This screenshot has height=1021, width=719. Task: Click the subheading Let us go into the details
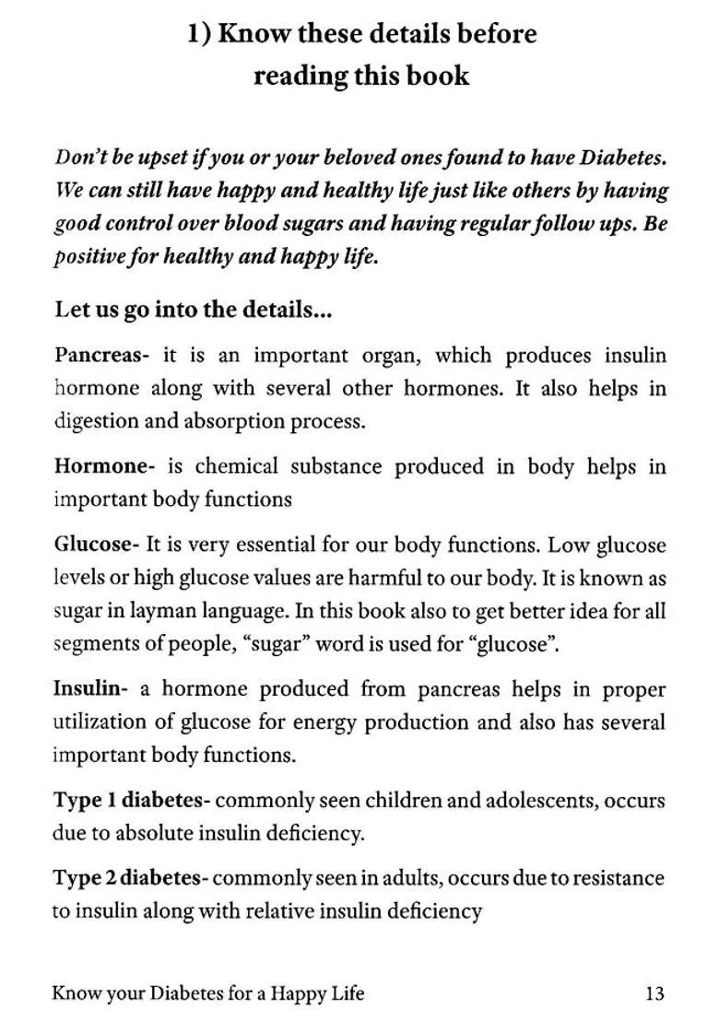pyautogui.click(x=193, y=310)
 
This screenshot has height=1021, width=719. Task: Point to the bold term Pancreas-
pyautogui.click(x=101, y=356)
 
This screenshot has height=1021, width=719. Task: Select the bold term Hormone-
pyautogui.click(x=103, y=466)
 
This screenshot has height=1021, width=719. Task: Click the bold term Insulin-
pyautogui.click(x=88, y=689)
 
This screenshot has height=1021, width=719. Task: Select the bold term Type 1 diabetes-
pyautogui.click(x=131, y=801)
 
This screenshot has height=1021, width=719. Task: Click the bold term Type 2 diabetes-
pyautogui.click(x=131, y=878)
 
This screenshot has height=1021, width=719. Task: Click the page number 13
pyautogui.click(x=654, y=993)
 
